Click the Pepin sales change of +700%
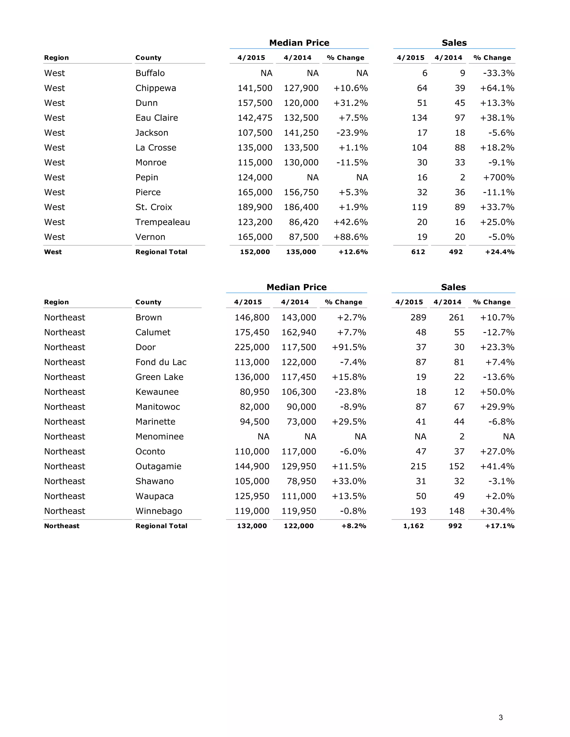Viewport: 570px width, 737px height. (498, 177)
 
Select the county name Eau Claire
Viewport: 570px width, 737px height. (157, 118)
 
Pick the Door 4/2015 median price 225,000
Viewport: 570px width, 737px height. (252, 347)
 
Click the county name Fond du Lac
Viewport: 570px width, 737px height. (161, 362)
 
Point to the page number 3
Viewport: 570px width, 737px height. (500, 718)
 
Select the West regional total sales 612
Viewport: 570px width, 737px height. (418, 252)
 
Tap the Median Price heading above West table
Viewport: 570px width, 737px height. (299, 43)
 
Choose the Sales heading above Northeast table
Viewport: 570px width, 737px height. (453, 287)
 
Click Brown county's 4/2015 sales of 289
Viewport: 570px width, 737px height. (418, 318)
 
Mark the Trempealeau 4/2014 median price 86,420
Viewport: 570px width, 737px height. (304, 222)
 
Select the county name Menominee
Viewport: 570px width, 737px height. (159, 437)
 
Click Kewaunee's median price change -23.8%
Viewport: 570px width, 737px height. (350, 392)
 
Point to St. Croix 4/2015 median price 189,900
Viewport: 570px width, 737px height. (255, 207)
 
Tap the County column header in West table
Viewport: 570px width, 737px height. (148, 58)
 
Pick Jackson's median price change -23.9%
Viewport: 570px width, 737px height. (352, 133)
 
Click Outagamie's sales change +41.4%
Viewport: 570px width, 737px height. (497, 466)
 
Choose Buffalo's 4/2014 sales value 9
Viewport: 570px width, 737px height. (462, 73)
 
